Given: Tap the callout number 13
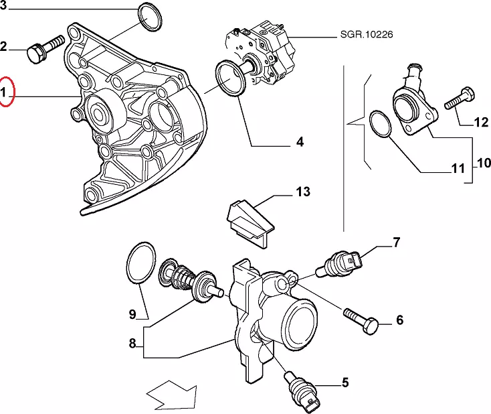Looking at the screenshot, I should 302,192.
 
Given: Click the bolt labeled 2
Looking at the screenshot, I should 41,50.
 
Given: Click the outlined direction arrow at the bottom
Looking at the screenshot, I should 171,394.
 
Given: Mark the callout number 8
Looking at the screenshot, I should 132,344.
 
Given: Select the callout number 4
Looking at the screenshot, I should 299,142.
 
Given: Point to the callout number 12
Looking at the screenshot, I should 481,122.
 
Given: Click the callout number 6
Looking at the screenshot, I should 399,320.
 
